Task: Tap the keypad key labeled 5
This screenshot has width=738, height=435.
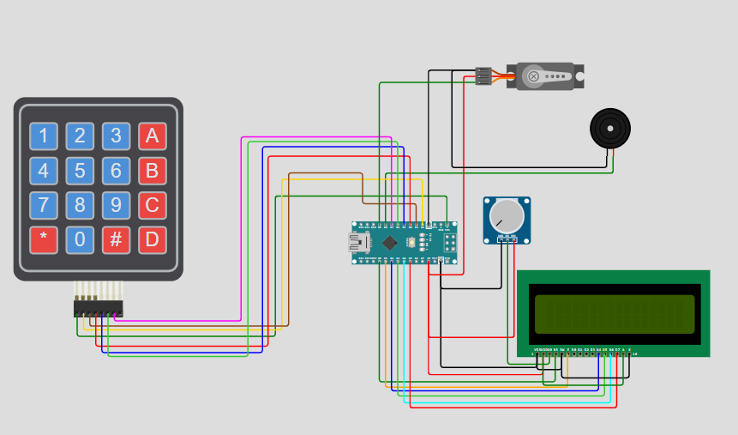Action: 80,171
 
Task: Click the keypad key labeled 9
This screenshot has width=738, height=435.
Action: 116,205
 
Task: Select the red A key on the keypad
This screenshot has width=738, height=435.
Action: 152,136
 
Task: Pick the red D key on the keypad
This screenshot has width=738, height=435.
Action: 152,239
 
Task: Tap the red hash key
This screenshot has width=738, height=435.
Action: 116,239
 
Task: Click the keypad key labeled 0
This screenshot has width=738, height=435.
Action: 80,239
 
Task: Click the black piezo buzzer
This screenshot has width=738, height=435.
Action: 610,129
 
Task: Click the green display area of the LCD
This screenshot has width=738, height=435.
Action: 614,314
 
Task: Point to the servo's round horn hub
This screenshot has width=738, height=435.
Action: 534,77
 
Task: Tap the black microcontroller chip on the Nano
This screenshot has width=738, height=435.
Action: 390,243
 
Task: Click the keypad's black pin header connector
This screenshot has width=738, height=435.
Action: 98,307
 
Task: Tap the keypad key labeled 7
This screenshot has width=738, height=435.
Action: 44,205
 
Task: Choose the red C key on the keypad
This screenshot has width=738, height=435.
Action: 152,205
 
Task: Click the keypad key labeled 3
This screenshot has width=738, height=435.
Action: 116,136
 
